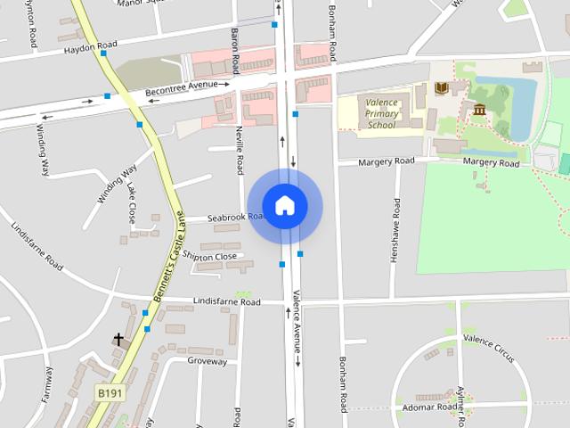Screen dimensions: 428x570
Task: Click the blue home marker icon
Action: pyautogui.click(x=284, y=205)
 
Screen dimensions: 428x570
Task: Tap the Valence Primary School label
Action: pyautogui.click(x=381, y=113)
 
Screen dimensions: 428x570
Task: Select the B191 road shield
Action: pyautogui.click(x=109, y=392)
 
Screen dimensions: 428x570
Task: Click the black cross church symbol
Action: pyautogui.click(x=117, y=340)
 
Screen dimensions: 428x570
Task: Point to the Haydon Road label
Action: pyautogui.click(x=90, y=47)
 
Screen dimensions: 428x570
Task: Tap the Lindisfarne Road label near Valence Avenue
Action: pyautogui.click(x=226, y=302)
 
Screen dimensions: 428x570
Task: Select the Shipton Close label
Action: pyautogui.click(x=210, y=257)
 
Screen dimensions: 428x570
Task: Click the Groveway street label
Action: pyautogui.click(x=207, y=361)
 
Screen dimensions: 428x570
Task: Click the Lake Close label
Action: pyautogui.click(x=131, y=202)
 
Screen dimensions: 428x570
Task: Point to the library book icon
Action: pyautogui.click(x=441, y=87)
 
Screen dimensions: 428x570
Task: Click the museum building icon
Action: pyautogui.click(x=480, y=110)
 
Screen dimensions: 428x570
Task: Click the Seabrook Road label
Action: pyautogui.click(x=236, y=218)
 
